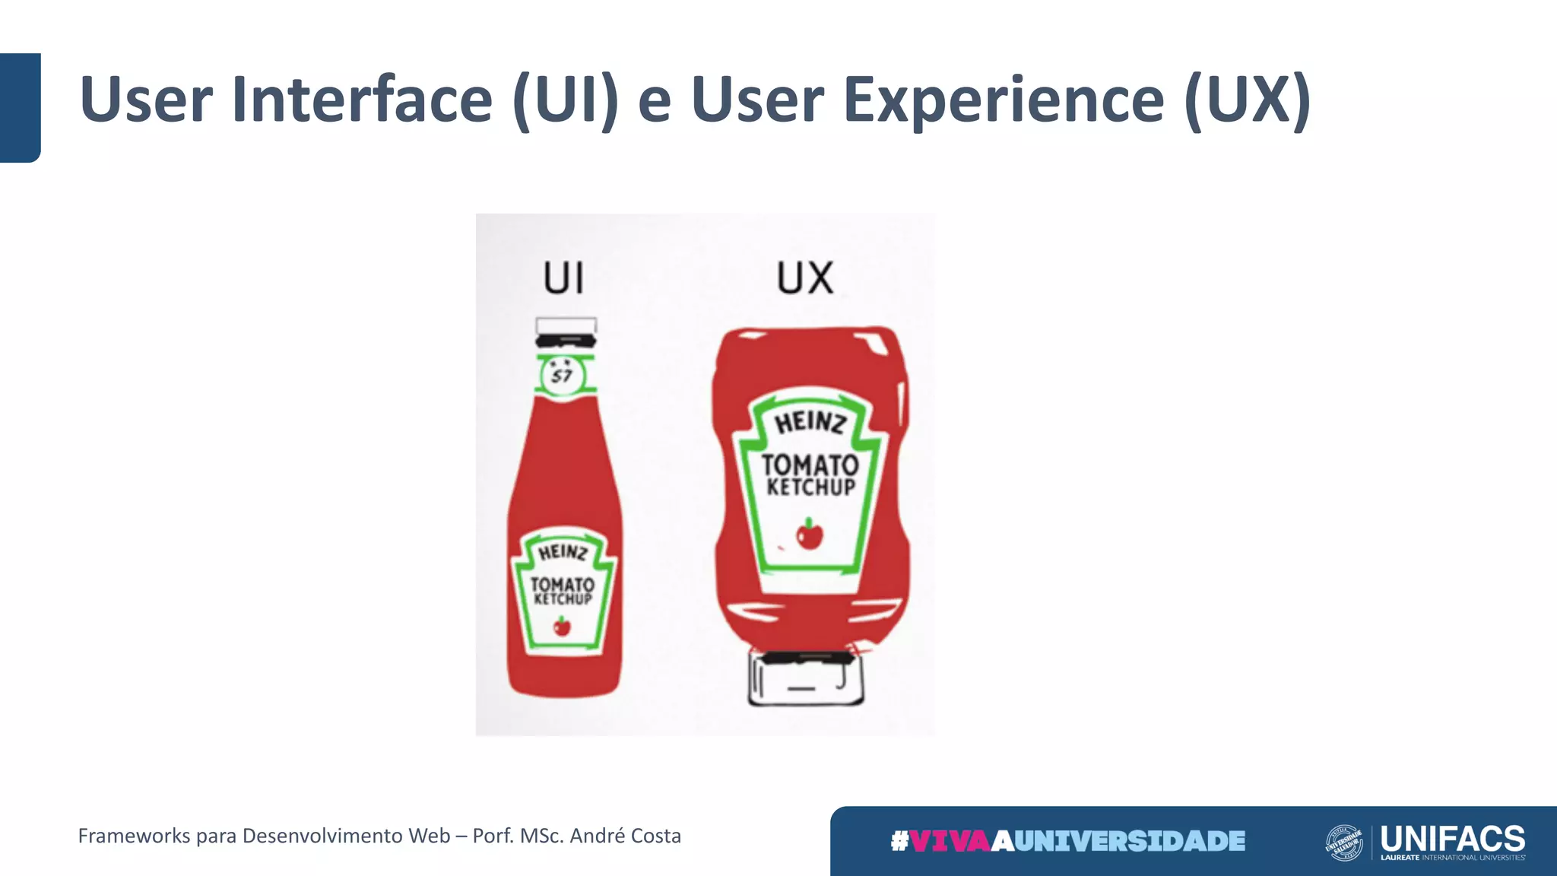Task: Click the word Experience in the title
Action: [1004, 100]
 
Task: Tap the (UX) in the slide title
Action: [1247, 100]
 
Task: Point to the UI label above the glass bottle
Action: [563, 278]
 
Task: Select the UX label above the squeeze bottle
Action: [805, 278]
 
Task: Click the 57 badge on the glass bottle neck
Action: [563, 375]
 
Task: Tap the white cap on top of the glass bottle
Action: [566, 325]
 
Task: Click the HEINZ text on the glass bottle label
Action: [563, 552]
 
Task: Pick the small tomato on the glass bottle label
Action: [562, 627]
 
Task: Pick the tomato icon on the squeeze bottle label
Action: [810, 535]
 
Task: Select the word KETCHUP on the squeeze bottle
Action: [810, 487]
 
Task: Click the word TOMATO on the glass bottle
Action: [563, 584]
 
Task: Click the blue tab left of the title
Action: [20, 107]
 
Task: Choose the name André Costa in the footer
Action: [625, 836]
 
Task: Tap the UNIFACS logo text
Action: [1452, 839]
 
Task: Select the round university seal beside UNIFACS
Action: [1344, 843]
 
